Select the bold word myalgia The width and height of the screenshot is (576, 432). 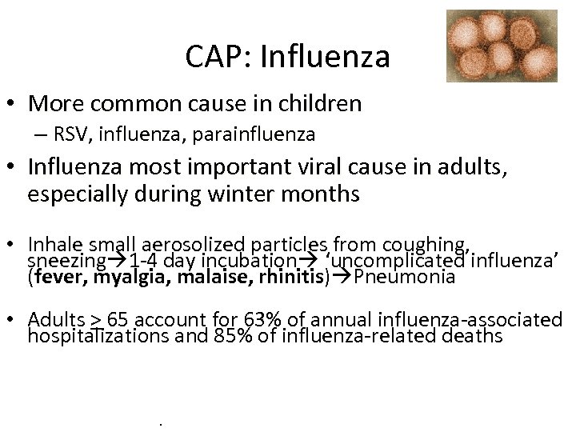125,278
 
